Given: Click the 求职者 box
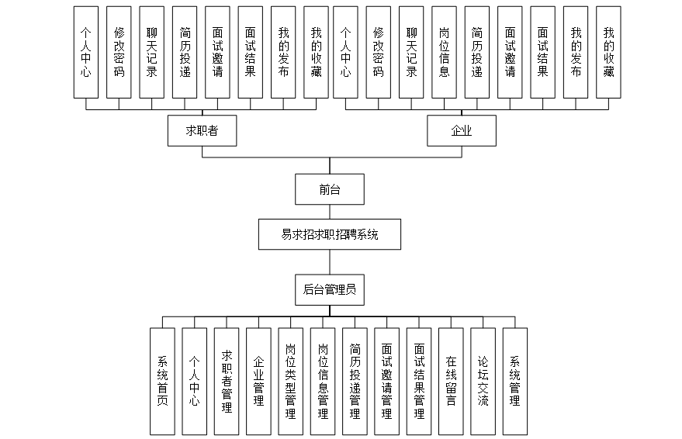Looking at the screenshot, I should [202, 131].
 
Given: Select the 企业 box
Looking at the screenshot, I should [461, 131].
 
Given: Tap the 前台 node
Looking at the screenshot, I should [330, 189].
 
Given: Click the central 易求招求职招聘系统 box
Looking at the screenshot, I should [330, 234].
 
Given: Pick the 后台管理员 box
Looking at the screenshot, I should [330, 290].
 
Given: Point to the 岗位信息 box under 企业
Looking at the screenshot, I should [444, 53].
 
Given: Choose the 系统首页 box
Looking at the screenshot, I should [162, 381].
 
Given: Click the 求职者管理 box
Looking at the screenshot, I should [227, 381].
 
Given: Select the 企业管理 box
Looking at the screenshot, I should [259, 381].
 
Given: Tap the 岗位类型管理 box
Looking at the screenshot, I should [291, 381].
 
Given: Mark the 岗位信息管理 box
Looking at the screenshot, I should [323, 381].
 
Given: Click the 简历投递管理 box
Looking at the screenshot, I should [355, 381].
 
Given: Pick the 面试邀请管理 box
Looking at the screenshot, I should [386, 381].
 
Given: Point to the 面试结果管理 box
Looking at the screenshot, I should [419, 381].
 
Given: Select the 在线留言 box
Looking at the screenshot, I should [451, 381].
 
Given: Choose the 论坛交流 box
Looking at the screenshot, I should [483, 381].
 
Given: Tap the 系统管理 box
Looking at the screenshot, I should [514, 381].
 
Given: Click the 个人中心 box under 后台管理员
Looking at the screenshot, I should [194, 381].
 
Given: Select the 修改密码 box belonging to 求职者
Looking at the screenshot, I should [119, 53].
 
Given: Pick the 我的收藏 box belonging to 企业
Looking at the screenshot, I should [608, 53].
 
